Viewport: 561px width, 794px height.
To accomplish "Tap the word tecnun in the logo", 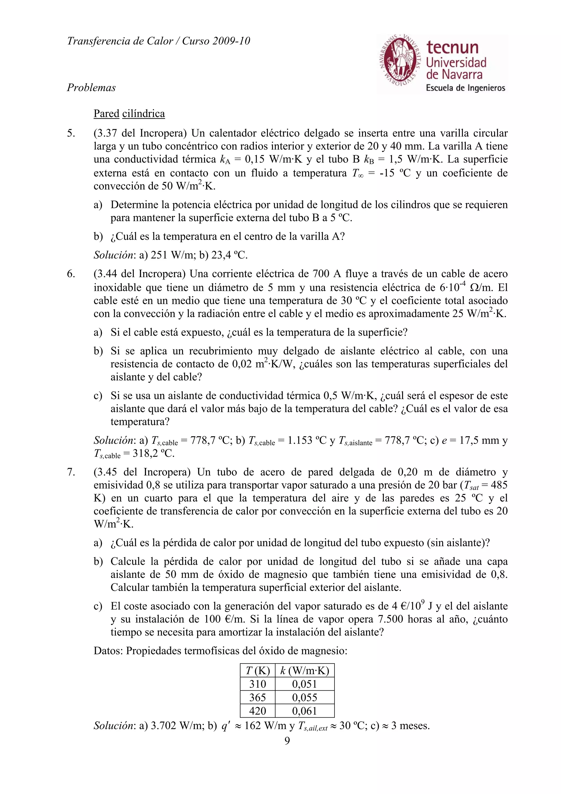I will click(x=452, y=47).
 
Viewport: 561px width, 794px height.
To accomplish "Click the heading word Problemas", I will click(x=91, y=87).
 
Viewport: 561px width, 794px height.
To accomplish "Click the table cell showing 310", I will click(x=257, y=684).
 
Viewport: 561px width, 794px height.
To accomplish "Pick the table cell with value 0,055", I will click(x=305, y=697).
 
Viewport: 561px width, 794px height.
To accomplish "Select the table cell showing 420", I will click(x=257, y=711).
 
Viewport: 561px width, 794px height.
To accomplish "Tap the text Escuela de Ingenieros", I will click(x=465, y=88).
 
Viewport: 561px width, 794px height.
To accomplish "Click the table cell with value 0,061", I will click(x=305, y=711).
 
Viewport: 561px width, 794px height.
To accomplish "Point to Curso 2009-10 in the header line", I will click(x=216, y=41).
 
